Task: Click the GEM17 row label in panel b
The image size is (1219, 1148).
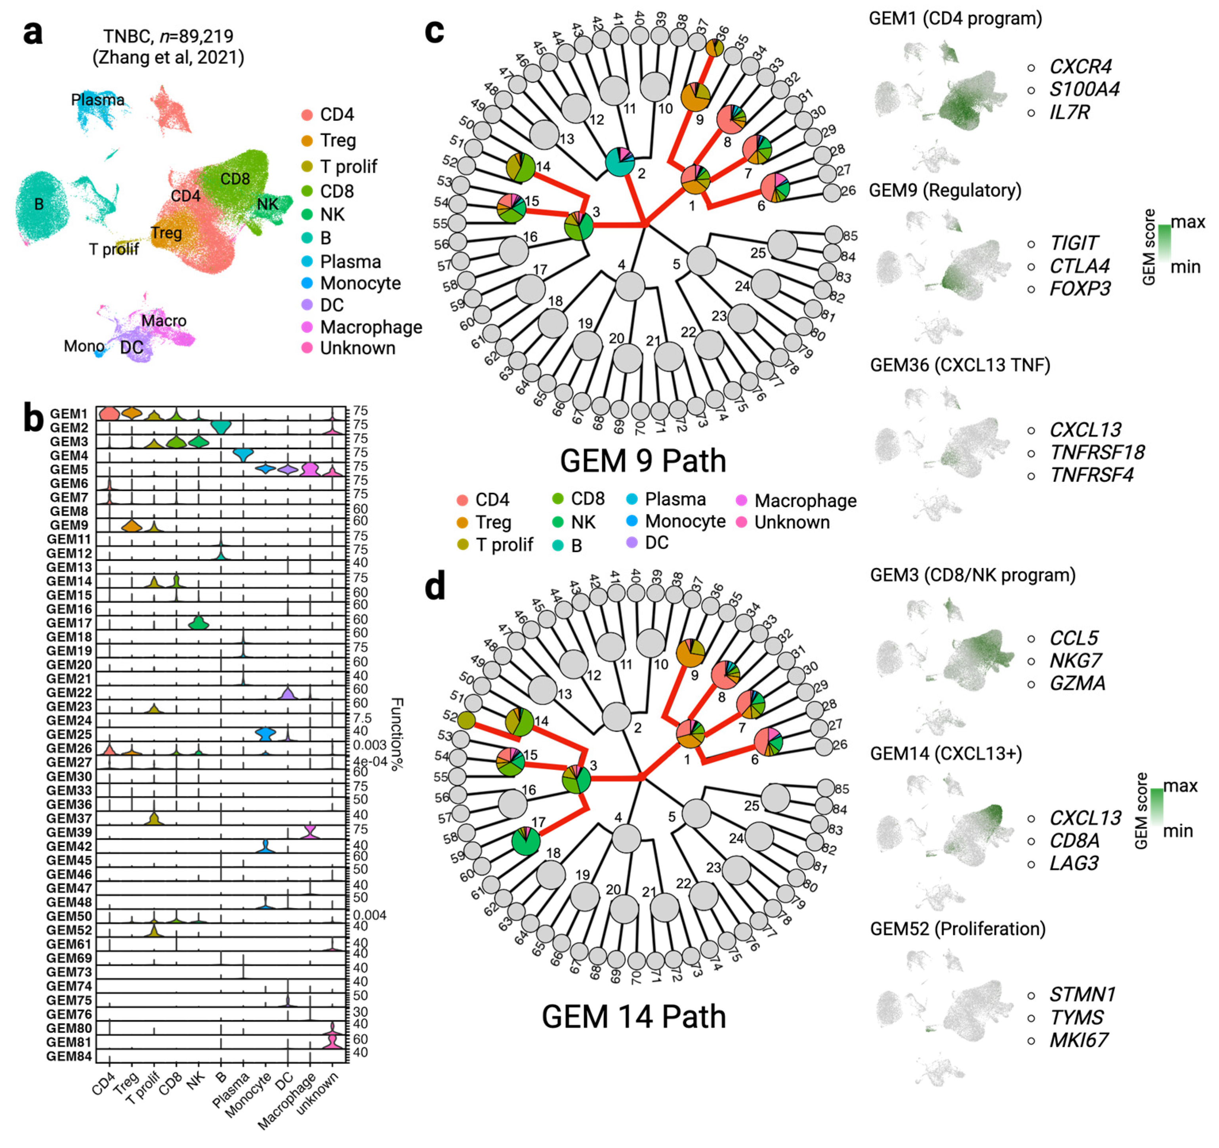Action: point(69,623)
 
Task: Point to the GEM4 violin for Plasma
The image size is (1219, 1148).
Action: point(243,454)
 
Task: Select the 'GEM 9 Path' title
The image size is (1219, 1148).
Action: point(643,461)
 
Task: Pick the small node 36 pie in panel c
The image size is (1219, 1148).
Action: point(713,48)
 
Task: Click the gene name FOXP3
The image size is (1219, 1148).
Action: point(1080,289)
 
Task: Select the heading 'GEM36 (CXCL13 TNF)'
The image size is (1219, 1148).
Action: point(960,366)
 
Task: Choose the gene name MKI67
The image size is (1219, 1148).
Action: point(1079,1041)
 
